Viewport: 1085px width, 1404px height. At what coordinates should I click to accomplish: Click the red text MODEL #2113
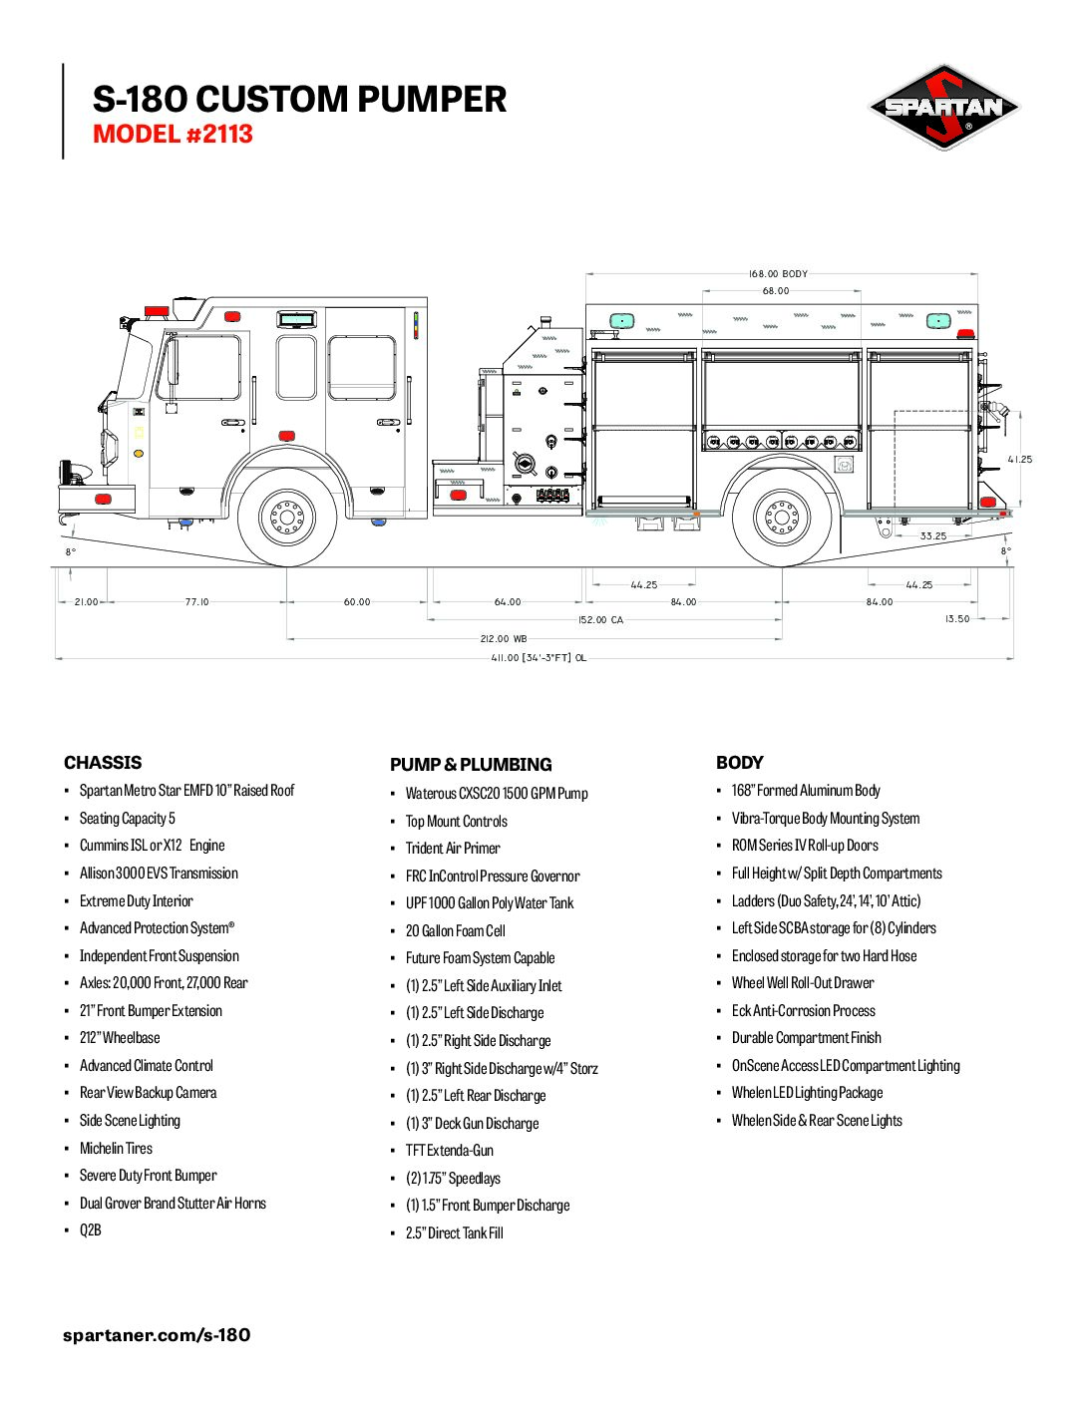pos(173,135)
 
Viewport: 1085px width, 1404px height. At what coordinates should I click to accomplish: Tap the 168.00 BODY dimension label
pos(778,274)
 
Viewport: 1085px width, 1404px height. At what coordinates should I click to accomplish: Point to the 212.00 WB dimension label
pos(504,638)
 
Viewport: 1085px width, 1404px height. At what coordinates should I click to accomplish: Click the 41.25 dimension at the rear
pos(1020,460)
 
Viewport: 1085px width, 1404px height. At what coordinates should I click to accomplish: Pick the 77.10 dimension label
pos(197,601)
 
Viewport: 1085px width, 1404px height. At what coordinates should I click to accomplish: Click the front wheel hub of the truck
pos(287,518)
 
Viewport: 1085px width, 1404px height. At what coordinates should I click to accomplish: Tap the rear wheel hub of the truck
pos(782,518)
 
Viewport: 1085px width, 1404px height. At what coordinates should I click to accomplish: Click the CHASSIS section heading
pos(103,763)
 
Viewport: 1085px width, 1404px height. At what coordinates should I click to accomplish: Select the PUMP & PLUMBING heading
pos(471,765)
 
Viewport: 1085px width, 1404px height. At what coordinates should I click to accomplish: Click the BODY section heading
pos(739,763)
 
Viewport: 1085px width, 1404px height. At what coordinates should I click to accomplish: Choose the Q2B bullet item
pos(91,1229)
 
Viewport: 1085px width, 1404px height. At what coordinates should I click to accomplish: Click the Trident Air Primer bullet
pos(453,848)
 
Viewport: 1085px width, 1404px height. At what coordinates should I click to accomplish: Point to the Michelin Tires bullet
pos(116,1148)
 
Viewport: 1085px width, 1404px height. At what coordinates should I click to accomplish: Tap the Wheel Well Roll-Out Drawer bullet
pos(803,983)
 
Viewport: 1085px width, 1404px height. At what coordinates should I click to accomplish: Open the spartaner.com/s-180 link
pos(157,1334)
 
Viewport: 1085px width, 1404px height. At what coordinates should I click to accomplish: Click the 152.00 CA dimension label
pos(601,619)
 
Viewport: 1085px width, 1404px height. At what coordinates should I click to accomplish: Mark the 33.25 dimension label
pos(933,535)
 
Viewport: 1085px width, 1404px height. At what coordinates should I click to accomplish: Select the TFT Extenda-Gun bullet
pos(449,1150)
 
